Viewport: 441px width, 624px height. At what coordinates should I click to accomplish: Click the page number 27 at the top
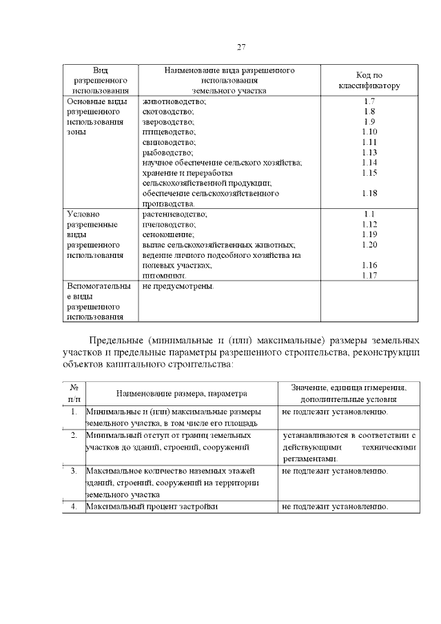[241, 47]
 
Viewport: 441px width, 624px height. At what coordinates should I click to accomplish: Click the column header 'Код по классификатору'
[369, 81]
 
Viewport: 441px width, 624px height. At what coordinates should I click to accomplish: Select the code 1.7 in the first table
[369, 101]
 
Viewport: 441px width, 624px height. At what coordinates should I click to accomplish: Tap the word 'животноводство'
[174, 101]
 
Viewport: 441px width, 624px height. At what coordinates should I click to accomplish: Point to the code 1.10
[369, 132]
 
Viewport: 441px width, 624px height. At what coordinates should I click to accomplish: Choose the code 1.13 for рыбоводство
[369, 152]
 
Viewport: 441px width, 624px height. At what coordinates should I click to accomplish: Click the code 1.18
[369, 194]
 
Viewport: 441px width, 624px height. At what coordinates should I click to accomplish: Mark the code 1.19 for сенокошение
[369, 234]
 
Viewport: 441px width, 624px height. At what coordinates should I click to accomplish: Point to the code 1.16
[369, 265]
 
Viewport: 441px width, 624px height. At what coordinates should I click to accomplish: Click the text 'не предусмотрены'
[178, 286]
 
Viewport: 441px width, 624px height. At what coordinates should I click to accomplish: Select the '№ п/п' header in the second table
[73, 393]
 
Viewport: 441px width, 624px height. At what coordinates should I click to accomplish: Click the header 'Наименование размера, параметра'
[181, 394]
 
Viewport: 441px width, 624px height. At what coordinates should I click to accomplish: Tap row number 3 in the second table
[73, 471]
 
